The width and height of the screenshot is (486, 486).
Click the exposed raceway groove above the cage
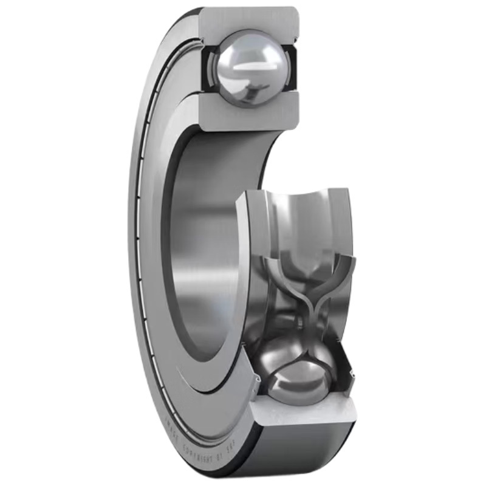(304, 219)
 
